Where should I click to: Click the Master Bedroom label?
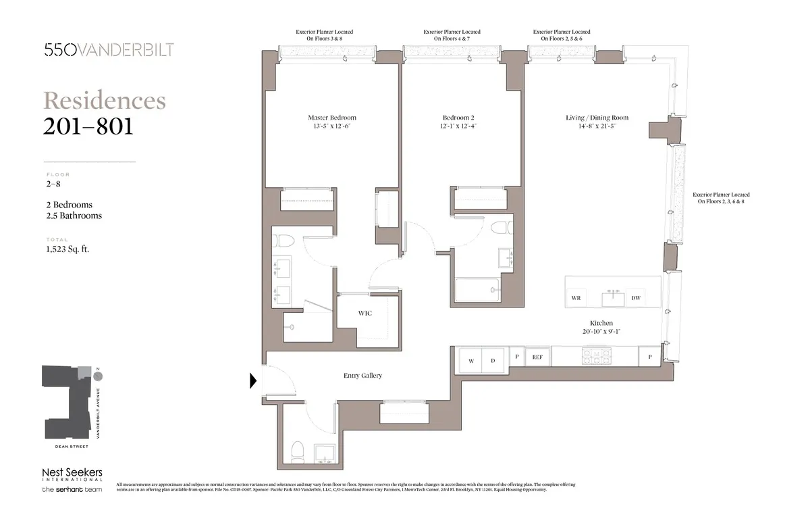pos(331,118)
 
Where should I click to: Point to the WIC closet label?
pos(364,314)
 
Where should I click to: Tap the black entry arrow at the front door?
pos(253,381)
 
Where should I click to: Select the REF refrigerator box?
pos(538,357)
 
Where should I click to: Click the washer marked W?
pos(471,361)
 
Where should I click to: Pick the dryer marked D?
pos(493,361)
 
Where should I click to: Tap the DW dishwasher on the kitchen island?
pos(635,298)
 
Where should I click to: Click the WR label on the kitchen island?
pos(576,298)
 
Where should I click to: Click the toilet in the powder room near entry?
pos(296,449)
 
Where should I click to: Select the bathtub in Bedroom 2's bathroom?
pos(477,291)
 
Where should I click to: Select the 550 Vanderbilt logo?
pos(109,50)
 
